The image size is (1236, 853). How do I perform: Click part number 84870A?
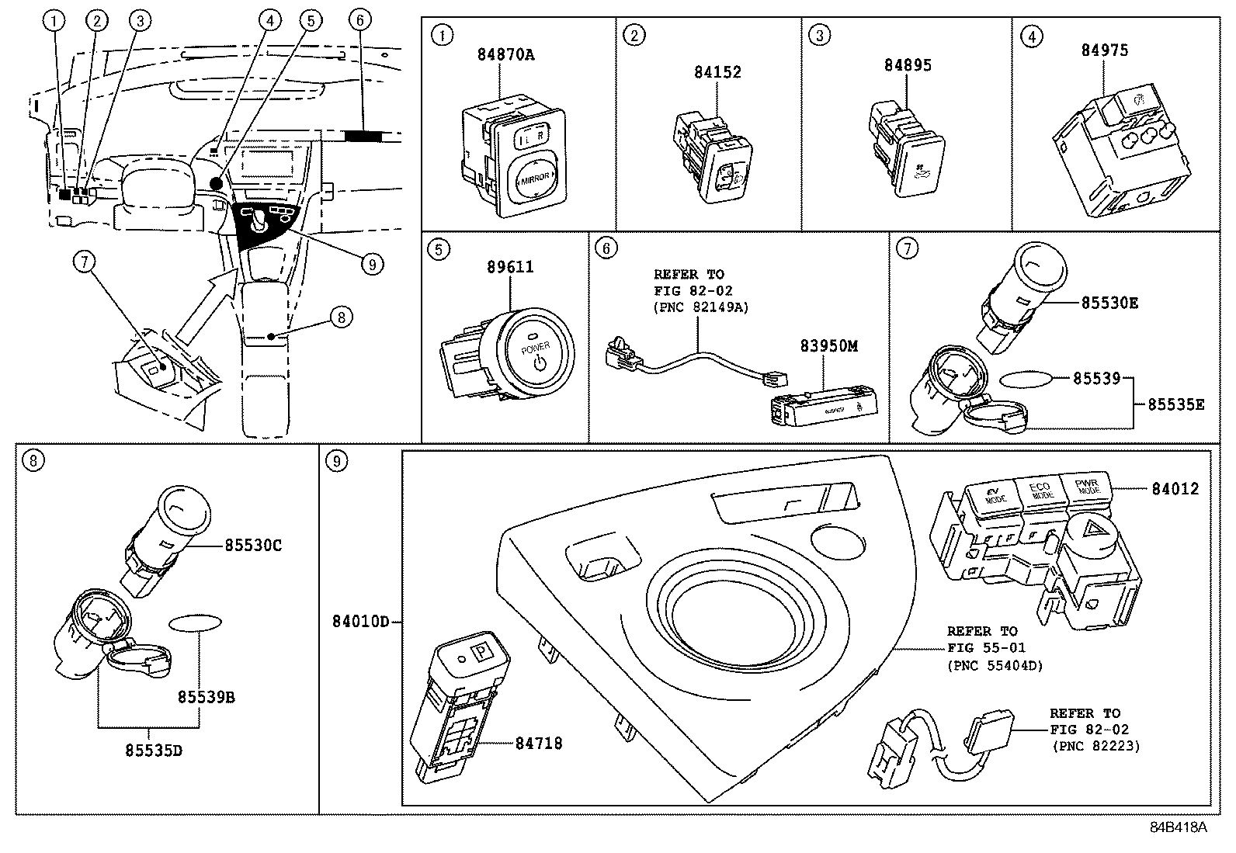505,55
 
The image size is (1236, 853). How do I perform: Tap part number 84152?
717,72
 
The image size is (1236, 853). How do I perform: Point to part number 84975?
1105,50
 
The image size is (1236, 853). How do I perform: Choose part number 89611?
510,268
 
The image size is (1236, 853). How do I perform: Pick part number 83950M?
829,346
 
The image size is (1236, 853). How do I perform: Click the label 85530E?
1109,303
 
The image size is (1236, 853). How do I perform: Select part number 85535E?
1176,404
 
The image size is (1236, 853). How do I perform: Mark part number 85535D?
154,751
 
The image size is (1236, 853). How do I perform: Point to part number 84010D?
360,622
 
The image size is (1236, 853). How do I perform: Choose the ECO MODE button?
1040,491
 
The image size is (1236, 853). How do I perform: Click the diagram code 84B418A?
1179,827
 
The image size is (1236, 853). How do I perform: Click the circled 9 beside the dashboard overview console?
372,265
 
